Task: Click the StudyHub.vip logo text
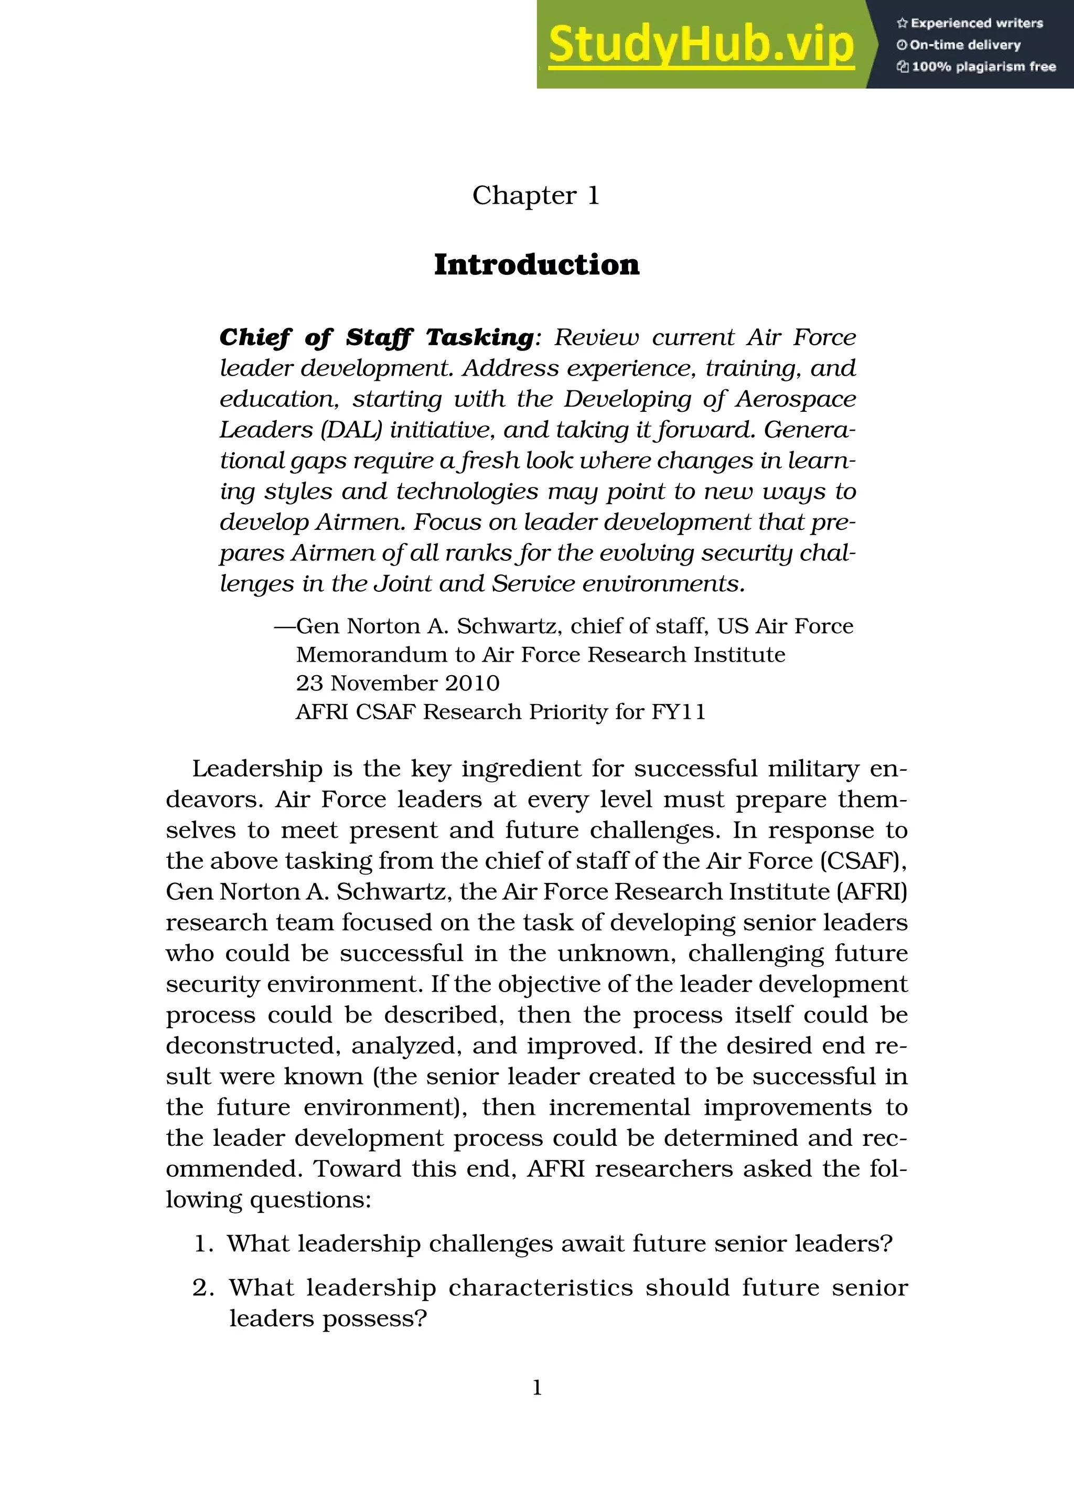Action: pos(701,44)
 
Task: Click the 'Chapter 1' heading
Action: pos(535,195)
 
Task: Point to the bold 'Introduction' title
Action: pos(536,264)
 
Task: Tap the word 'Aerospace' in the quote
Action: pos(796,399)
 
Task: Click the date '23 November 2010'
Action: pos(398,683)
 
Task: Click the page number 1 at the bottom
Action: pos(537,1387)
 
